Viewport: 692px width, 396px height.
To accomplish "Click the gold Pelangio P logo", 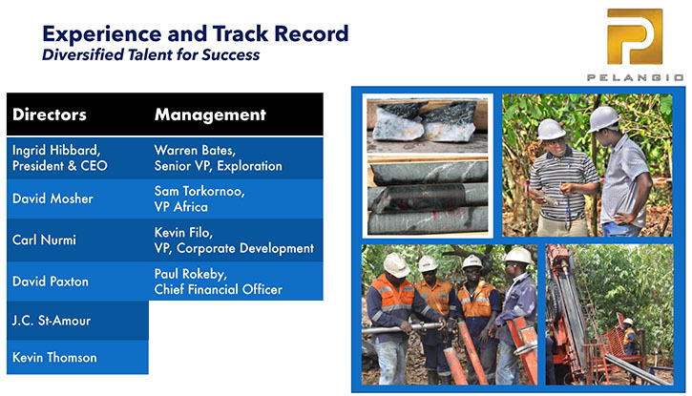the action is [635, 36].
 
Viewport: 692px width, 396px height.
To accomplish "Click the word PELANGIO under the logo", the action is [635, 77].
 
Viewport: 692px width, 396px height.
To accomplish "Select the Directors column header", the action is [50, 115].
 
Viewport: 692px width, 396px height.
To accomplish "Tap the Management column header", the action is [210, 115].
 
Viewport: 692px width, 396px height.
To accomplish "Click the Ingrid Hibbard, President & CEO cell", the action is [77, 157].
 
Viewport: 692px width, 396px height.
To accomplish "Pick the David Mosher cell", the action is [77, 198].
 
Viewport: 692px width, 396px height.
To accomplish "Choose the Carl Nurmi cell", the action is [77, 240].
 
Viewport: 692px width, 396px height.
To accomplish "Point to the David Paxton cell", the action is [77, 281].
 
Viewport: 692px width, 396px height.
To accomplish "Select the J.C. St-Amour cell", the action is [77, 321].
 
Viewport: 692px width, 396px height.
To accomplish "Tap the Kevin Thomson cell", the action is [77, 357].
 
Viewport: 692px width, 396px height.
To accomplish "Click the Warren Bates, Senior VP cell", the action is [236, 157].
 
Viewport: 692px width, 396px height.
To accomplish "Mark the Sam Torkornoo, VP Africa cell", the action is [236, 198].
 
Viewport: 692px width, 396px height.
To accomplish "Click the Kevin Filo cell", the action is [236, 240].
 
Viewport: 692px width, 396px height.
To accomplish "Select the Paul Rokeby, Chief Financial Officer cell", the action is [236, 281].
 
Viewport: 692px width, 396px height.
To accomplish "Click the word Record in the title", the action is [311, 33].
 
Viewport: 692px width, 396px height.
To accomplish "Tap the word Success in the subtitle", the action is [231, 54].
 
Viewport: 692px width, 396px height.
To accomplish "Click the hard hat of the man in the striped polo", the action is [551, 129].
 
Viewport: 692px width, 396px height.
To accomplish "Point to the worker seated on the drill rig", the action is [629, 335].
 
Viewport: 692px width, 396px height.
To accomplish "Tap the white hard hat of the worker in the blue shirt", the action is [519, 256].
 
